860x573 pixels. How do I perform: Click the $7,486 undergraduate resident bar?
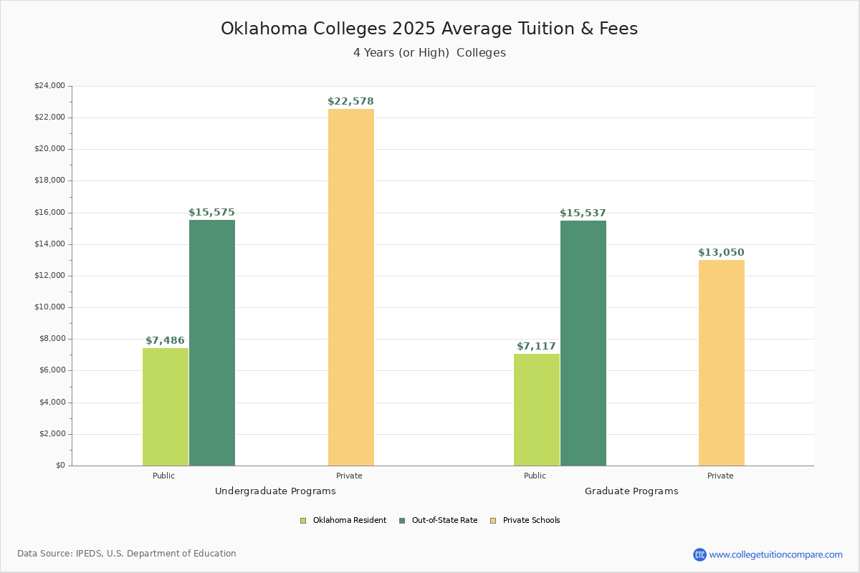[x=166, y=406]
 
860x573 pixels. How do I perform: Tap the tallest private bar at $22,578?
[x=351, y=286]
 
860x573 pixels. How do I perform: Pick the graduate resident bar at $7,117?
[x=537, y=409]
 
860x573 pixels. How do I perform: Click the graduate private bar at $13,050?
[x=722, y=362]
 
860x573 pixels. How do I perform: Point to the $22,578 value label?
[x=350, y=102]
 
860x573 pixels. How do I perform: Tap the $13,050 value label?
[x=721, y=253]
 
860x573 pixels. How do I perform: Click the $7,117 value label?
[x=536, y=347]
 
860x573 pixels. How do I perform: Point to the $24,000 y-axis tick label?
[x=49, y=86]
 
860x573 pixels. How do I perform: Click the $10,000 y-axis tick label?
[x=49, y=307]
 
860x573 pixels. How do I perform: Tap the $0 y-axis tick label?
[x=59, y=466]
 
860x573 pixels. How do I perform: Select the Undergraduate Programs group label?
[x=275, y=491]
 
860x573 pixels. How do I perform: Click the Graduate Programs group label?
[x=631, y=491]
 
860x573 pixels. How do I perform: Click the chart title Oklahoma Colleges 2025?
[x=429, y=29]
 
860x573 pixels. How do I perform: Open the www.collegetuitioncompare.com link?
[x=775, y=554]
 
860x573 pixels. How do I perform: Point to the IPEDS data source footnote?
[x=127, y=554]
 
